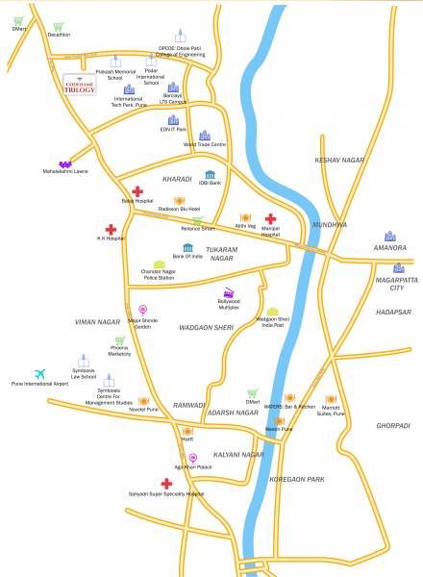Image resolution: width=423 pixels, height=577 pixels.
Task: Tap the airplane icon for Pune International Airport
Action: click(x=39, y=374)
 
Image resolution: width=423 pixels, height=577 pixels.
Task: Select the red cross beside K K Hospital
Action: click(x=112, y=229)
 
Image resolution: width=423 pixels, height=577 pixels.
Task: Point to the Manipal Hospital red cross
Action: click(x=271, y=218)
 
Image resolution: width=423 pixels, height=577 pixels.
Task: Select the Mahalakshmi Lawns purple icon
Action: click(x=65, y=164)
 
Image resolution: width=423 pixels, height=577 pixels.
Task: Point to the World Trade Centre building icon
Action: click(x=204, y=136)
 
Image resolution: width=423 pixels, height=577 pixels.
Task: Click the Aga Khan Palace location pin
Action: click(x=192, y=458)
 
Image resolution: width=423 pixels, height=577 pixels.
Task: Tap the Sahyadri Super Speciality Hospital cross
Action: click(x=167, y=484)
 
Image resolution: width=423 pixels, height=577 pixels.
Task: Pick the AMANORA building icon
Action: click(x=389, y=236)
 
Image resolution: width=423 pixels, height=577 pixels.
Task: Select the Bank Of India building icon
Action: click(x=187, y=248)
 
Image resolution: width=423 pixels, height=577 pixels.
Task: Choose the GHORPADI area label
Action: click(x=392, y=424)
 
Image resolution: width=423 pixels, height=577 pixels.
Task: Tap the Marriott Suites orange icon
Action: click(x=330, y=399)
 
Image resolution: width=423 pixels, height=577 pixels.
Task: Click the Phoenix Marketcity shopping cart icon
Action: click(x=119, y=340)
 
